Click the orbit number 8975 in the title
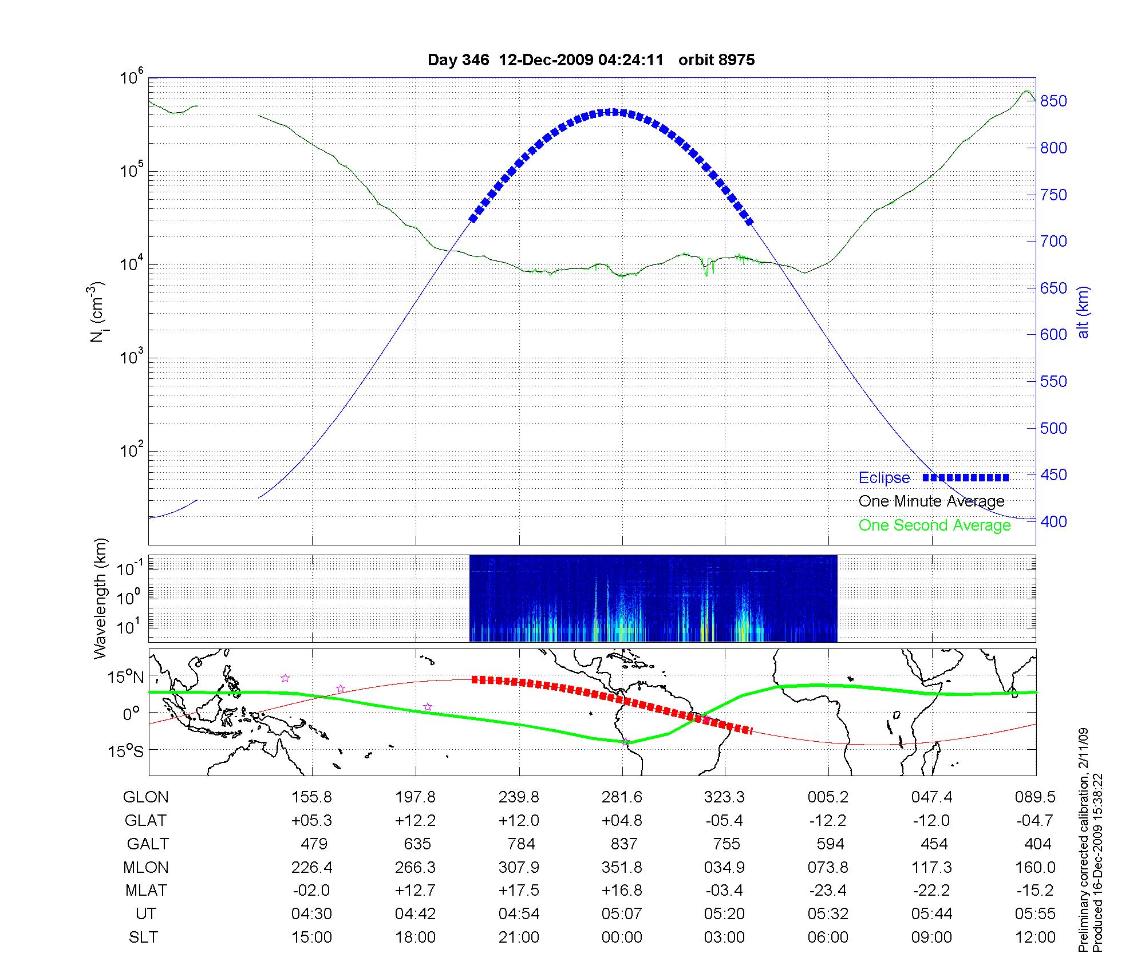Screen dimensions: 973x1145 tap(716, 60)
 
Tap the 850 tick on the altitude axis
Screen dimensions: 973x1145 tap(1053, 101)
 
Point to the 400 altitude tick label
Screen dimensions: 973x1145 tap(1053, 521)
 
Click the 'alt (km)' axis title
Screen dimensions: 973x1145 tap(1083, 312)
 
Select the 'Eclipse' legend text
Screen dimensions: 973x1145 tap(884, 478)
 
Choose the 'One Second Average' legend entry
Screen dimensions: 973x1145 tap(934, 525)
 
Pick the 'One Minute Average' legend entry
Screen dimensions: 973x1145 tap(931, 501)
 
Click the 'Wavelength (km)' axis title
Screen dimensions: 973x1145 tap(101, 598)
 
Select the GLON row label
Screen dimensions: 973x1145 tap(145, 797)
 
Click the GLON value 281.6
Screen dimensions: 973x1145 tap(622, 797)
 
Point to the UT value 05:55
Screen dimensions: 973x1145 tap(1035, 914)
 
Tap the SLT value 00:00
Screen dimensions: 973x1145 tap(622, 938)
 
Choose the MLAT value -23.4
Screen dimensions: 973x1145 tap(828, 891)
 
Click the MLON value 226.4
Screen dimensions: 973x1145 tap(312, 868)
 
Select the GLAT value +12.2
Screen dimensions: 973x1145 tap(415, 821)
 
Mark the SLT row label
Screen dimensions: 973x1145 tap(143, 938)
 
